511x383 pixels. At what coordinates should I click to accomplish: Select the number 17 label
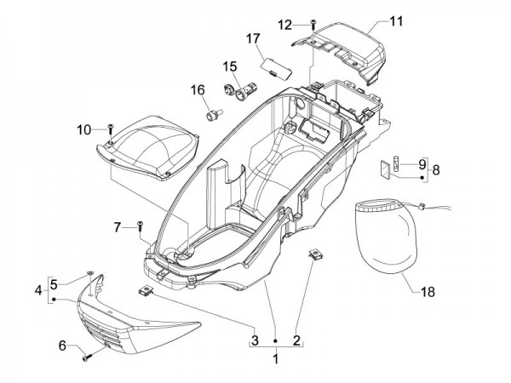[254, 38]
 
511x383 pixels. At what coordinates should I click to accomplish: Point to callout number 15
[231, 66]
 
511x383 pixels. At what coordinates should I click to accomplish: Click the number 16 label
[198, 89]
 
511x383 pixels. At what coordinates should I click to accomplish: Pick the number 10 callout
[83, 129]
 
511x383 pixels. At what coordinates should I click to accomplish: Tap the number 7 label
[119, 226]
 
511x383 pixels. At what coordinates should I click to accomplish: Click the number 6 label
[62, 345]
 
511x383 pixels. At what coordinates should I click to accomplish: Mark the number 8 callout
[437, 170]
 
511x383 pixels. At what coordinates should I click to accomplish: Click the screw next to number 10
[110, 128]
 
